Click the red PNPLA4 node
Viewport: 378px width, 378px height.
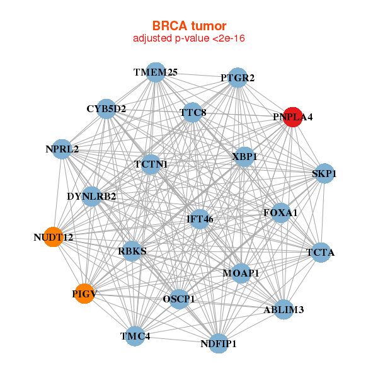point(292,117)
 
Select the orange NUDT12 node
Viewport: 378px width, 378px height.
point(54,237)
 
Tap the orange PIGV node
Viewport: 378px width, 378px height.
point(84,293)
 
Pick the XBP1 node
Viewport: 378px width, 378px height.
point(243,156)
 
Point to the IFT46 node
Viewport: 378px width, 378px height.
point(200,219)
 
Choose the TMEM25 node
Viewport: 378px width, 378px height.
point(156,72)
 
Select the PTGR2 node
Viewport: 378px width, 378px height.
point(238,78)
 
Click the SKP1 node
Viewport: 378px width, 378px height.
point(323,173)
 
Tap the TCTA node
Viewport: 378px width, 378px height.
point(320,253)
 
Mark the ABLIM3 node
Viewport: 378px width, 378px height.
point(283,309)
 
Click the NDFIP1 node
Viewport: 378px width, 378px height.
point(218,343)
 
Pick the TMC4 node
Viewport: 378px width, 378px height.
point(134,336)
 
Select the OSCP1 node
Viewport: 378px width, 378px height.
point(180,298)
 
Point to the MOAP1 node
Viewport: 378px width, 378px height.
point(241,273)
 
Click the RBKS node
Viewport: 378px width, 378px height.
point(132,251)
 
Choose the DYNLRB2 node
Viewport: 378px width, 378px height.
point(92,197)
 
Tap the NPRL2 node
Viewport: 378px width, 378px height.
point(62,149)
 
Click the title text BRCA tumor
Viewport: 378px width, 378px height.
point(189,26)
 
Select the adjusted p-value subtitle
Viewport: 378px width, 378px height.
point(189,38)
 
